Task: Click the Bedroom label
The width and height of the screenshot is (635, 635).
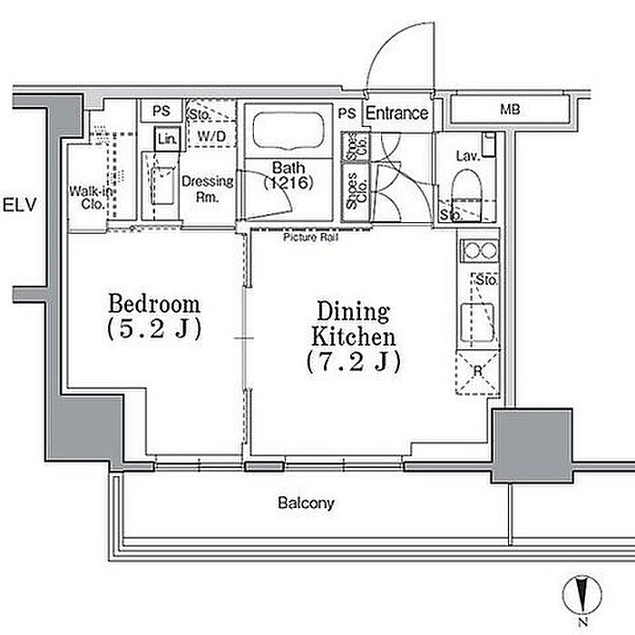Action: coord(154,302)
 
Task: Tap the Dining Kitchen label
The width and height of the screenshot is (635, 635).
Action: coord(353,324)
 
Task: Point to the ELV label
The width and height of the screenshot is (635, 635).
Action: coord(18,205)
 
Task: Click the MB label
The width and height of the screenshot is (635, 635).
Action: coord(511,111)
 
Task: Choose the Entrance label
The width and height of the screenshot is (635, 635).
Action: coord(396,113)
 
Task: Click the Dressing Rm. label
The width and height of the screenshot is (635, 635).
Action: coord(208,188)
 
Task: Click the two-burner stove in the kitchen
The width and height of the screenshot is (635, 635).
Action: coord(478,249)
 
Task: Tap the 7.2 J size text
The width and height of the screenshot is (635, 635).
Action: coord(353,361)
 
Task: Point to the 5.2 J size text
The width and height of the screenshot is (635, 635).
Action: coord(154,328)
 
